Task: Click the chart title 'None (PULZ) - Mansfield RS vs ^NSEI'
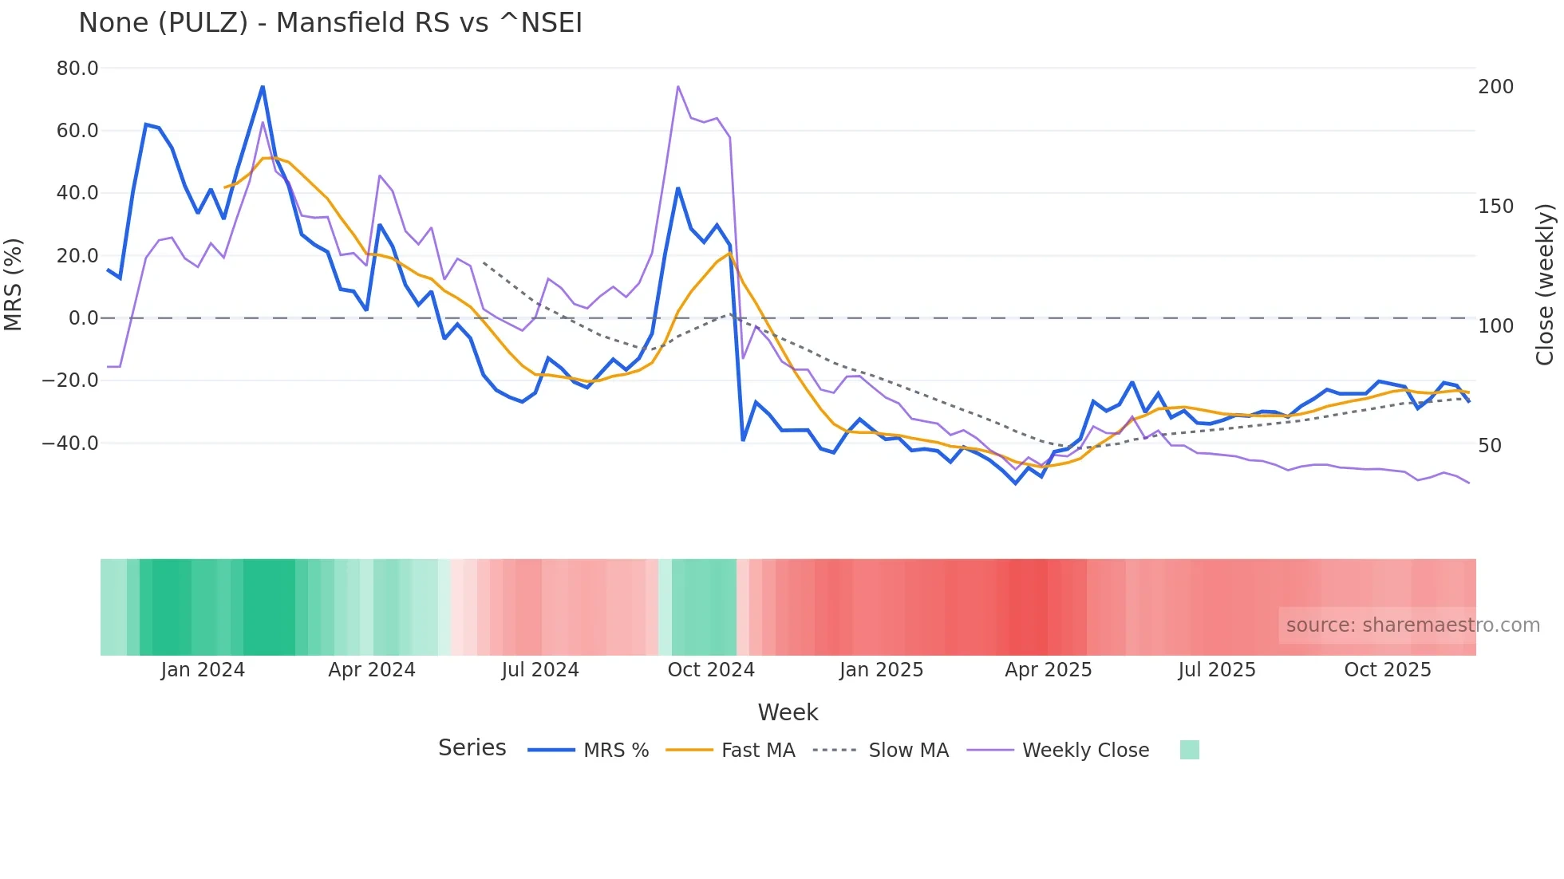[330, 23]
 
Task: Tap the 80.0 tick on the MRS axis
[77, 69]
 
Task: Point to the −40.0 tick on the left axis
[70, 443]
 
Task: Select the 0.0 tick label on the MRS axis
[83, 318]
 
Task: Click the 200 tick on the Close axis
[1495, 87]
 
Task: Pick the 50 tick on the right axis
[1490, 446]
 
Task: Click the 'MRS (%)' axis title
[14, 284]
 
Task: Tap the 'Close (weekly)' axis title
[1545, 284]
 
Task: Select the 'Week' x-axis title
[788, 712]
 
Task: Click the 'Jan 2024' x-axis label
[203, 670]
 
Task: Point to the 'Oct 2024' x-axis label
[711, 670]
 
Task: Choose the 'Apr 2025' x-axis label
[1049, 670]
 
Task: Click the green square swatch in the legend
[1189, 750]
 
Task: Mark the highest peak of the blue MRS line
[263, 87]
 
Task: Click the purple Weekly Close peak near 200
[677, 86]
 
